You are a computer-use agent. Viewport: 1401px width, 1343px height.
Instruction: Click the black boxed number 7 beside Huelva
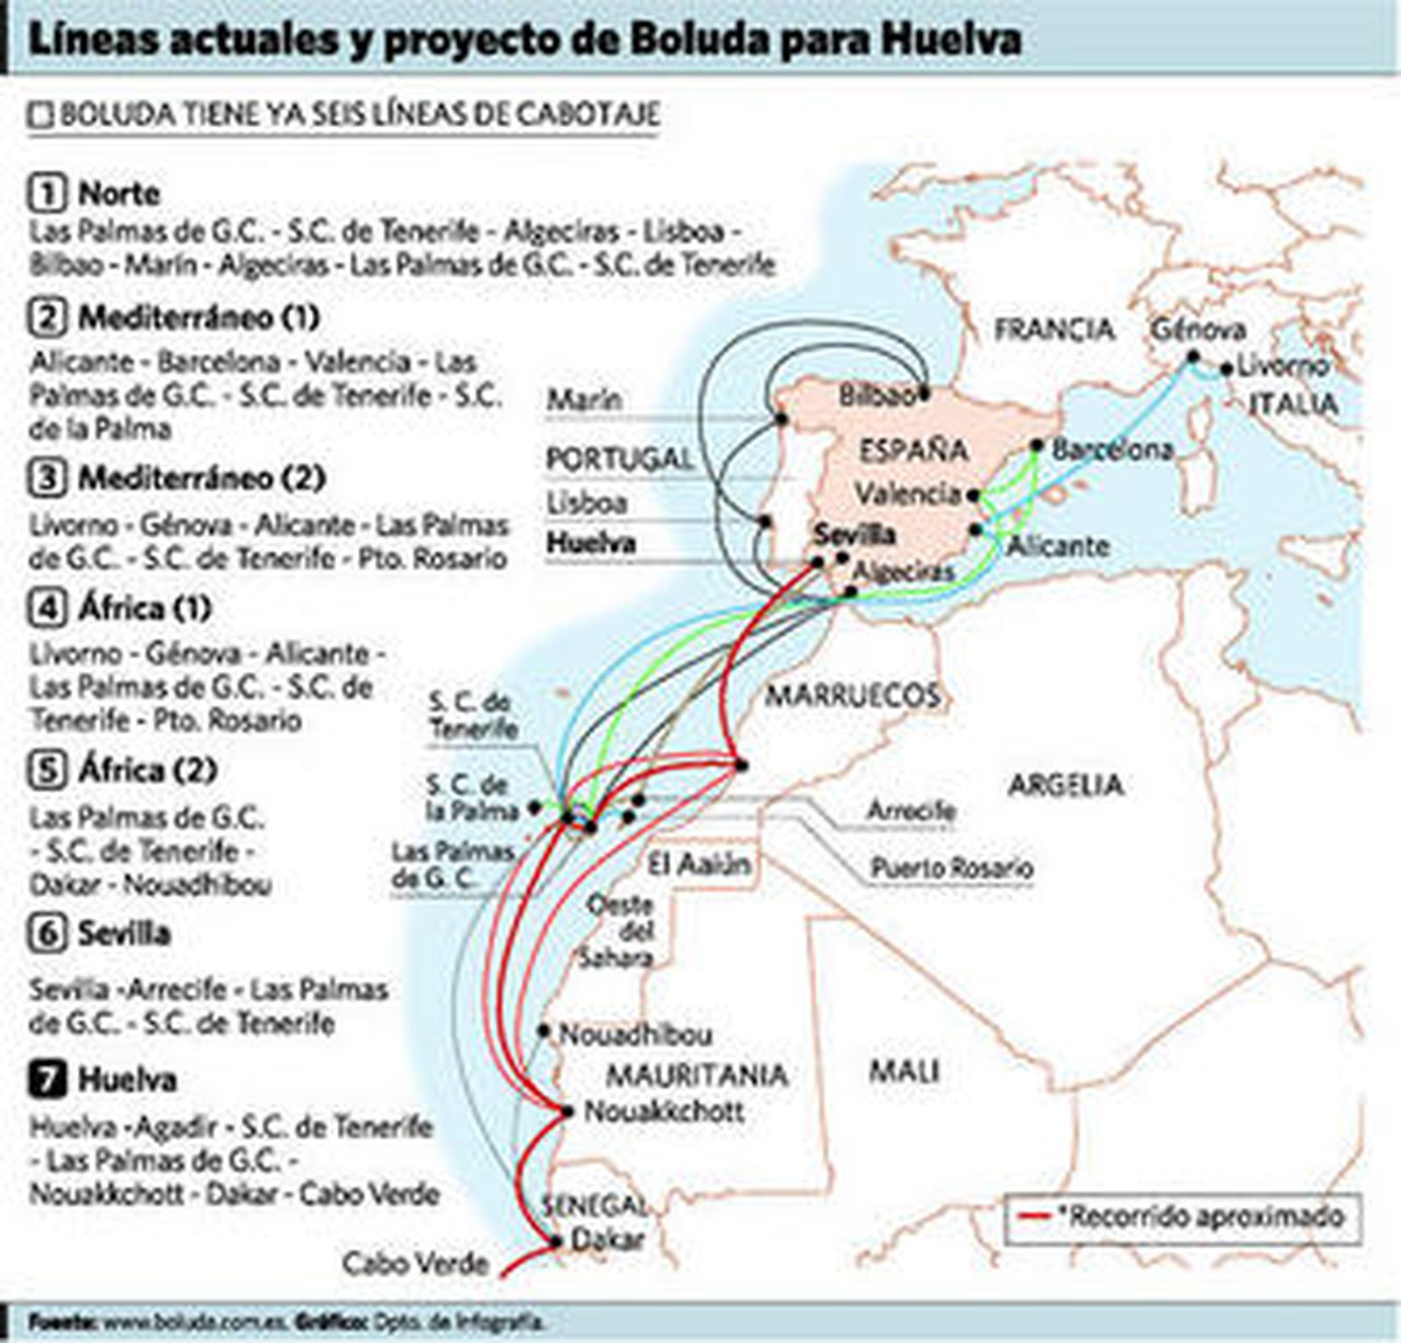click(47, 1079)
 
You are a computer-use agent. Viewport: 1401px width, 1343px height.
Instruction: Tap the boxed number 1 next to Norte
click(47, 193)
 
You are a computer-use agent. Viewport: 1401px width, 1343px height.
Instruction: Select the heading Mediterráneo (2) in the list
click(201, 478)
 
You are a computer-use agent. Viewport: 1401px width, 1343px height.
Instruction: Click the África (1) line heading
click(144, 608)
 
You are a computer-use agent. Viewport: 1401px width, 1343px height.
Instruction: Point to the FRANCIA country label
click(1054, 329)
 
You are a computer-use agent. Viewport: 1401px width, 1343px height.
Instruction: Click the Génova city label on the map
click(1197, 329)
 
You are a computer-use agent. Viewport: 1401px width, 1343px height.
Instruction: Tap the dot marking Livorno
click(1227, 369)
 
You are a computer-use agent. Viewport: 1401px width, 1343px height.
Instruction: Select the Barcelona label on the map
click(1112, 449)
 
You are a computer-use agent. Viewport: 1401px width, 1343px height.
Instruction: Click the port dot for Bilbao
click(925, 395)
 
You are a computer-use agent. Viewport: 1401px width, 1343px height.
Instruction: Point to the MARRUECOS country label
click(853, 696)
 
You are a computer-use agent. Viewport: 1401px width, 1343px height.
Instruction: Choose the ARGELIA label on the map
click(1065, 784)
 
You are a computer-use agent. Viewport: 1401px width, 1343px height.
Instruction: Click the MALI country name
click(904, 1071)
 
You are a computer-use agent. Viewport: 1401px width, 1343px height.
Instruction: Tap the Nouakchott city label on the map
click(664, 1112)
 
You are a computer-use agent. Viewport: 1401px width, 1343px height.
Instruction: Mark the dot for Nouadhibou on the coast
click(544, 1031)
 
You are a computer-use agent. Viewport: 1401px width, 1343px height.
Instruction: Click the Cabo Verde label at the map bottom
click(414, 1263)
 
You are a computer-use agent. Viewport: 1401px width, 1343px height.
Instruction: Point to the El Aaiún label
click(699, 865)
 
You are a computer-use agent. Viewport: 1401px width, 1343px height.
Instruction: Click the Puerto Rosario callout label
click(951, 868)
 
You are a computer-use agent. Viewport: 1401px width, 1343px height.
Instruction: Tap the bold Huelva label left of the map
click(590, 543)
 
